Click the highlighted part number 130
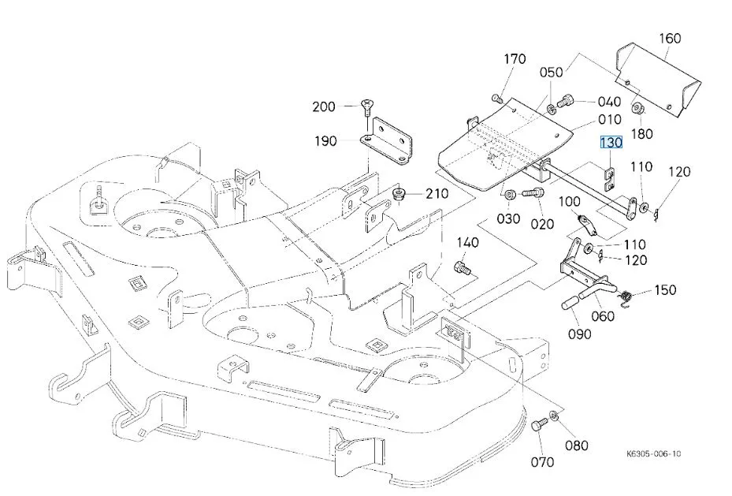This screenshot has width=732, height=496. (611, 142)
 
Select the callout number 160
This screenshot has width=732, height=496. (670, 39)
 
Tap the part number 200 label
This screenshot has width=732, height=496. (324, 107)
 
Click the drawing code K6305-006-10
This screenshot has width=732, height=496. (653, 453)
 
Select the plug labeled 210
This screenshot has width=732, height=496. (400, 194)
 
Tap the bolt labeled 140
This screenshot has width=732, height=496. (462, 268)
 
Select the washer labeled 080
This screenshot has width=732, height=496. (554, 416)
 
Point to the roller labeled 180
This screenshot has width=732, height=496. (637, 109)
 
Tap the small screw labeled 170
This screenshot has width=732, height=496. (496, 99)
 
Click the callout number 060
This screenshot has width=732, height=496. (603, 317)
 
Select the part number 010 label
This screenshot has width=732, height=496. (610, 120)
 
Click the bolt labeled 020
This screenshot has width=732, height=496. (533, 192)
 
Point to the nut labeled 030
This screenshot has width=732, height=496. (510, 193)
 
